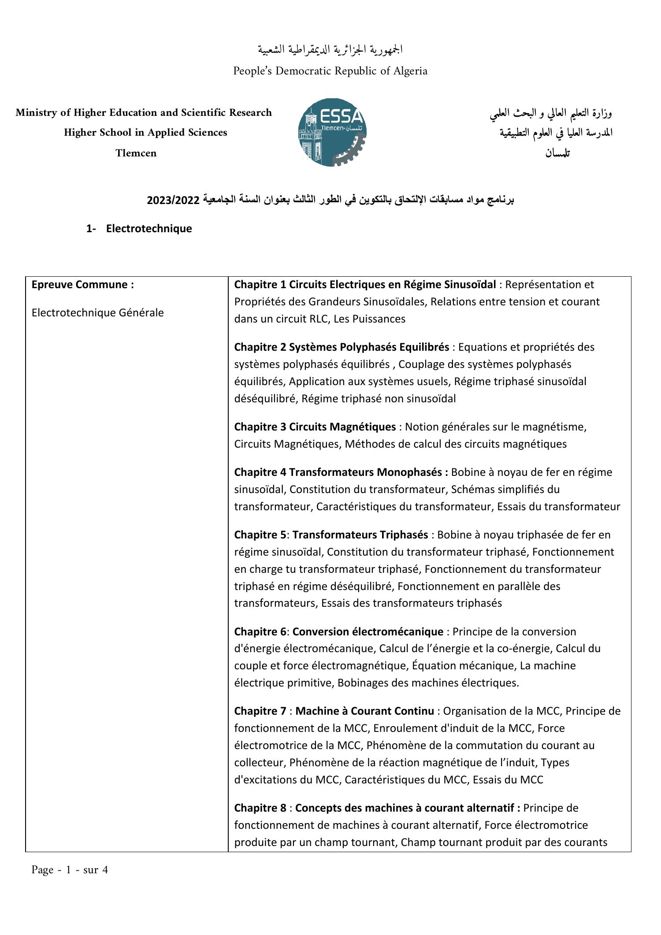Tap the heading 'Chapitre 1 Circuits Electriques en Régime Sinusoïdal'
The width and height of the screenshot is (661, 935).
[365, 285]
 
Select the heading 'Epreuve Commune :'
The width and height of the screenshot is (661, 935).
[82, 285]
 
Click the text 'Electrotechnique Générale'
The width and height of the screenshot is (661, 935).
[97, 313]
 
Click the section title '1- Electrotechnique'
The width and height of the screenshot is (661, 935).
[139, 229]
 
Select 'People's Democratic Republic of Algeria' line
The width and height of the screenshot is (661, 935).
[330, 71]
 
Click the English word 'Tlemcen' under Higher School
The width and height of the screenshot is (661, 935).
[136, 153]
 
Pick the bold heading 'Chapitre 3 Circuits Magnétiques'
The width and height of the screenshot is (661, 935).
[315, 427]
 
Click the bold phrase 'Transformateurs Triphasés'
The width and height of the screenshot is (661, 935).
[360, 535]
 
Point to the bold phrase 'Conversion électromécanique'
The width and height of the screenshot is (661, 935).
[368, 632]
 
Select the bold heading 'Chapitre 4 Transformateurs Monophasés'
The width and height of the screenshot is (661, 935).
[341, 472]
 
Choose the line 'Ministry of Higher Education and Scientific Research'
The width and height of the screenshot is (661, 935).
[144, 113]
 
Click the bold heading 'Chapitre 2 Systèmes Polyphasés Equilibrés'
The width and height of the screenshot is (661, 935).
[341, 347]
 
